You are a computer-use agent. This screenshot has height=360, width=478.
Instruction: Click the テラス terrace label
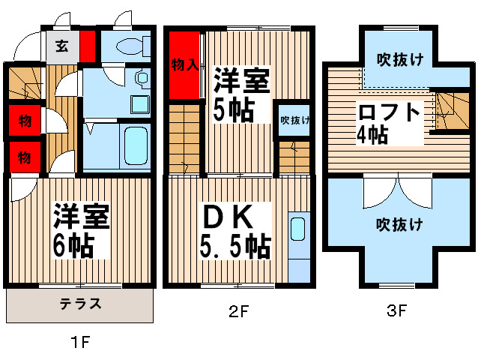point(80,304)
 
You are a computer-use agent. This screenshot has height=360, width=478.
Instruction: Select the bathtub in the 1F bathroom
point(134,148)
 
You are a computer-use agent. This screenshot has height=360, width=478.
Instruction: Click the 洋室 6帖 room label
point(81,230)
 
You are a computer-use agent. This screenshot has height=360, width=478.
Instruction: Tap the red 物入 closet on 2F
point(184,65)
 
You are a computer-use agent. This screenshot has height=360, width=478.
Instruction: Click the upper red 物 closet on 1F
point(25,120)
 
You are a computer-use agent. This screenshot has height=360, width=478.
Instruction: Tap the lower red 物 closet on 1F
point(25,157)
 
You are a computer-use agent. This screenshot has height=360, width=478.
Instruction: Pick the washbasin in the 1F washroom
point(140,78)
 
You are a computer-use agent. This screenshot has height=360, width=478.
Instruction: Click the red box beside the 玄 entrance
point(88,44)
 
